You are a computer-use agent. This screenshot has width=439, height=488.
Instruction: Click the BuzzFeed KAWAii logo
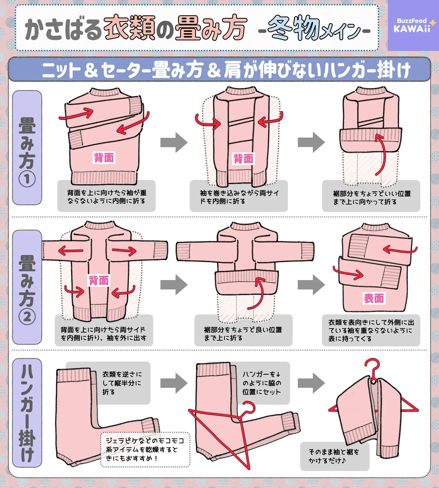click(413, 25)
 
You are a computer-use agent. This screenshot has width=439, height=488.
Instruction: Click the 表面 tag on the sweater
click(374, 298)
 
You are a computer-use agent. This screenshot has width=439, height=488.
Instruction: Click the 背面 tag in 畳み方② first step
click(99, 280)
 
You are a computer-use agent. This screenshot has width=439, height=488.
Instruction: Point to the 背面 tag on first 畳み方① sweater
click(104, 158)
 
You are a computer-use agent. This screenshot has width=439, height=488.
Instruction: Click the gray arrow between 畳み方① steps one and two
click(174, 142)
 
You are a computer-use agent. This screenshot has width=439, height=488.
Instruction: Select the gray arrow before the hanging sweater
click(311, 383)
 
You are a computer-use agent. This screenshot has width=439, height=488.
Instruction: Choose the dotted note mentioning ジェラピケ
click(145, 449)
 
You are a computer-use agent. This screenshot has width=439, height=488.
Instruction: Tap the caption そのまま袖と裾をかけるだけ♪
click(334, 456)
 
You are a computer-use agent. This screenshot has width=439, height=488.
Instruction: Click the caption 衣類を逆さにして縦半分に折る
click(122, 383)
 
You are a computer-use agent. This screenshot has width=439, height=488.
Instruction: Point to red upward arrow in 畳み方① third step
click(382, 155)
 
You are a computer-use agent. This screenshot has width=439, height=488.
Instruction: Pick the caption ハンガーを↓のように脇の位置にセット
click(262, 383)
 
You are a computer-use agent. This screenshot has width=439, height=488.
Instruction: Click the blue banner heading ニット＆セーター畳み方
click(219, 70)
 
